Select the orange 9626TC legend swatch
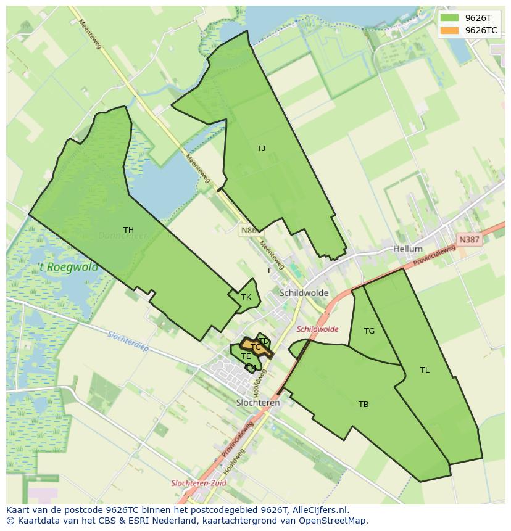450,30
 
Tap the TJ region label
261,149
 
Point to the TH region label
128,230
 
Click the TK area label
246,297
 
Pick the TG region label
369,331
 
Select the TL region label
425,370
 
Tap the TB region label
364,405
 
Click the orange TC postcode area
257,347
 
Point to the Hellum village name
407,249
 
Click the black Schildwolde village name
304,293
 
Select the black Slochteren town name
258,403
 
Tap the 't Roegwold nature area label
68,267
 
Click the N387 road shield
470,238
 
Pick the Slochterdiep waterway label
128,340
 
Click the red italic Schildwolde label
317,329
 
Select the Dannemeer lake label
122,236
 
